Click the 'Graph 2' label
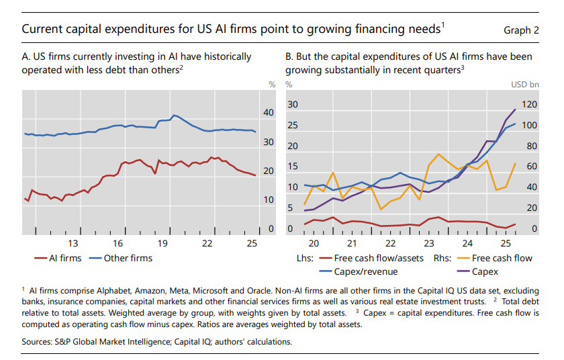521,30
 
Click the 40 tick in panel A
269,113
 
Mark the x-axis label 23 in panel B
429,242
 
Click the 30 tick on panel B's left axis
292,105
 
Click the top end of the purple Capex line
515,109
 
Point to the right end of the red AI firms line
254,175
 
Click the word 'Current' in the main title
42,30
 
